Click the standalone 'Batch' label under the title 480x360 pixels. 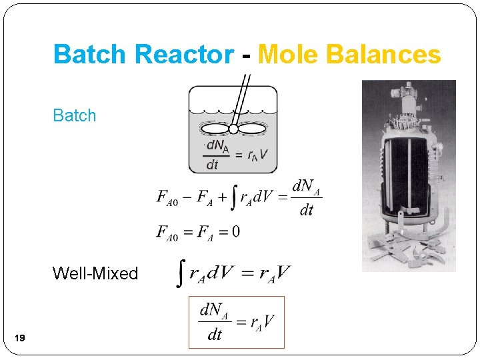75,115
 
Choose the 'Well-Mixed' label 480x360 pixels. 95,273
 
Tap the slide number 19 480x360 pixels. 19,339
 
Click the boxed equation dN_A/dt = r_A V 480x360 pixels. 237,323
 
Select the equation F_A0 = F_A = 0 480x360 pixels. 198,232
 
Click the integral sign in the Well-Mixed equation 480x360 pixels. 180,273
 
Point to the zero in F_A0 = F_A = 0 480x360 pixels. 236,232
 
